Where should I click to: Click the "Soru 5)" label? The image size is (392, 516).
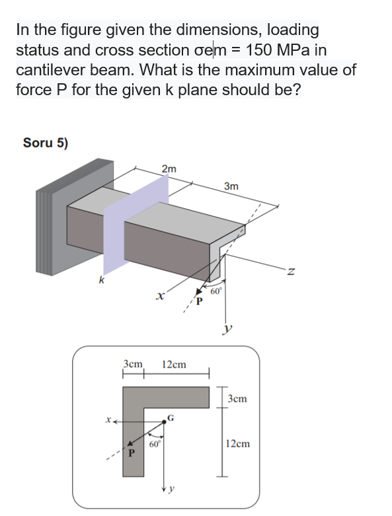(x=46, y=142)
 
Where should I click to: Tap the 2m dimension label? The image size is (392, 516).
(x=169, y=169)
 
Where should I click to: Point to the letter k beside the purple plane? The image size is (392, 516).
(x=101, y=280)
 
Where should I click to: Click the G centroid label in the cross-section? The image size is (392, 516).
(x=171, y=418)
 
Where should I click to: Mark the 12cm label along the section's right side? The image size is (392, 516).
(x=238, y=443)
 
